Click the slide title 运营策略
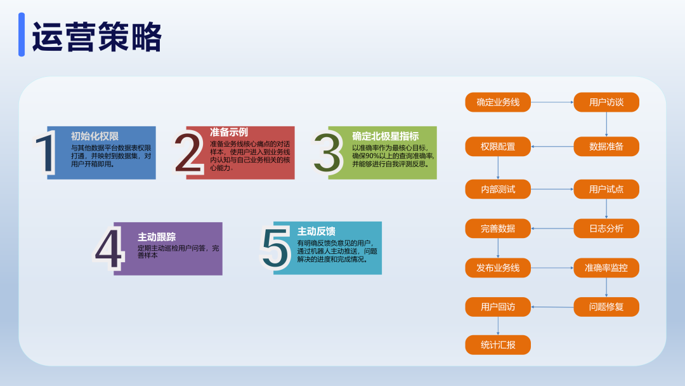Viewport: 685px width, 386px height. click(97, 37)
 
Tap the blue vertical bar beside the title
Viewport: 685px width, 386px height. click(22, 34)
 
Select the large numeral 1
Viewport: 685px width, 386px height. click(46, 153)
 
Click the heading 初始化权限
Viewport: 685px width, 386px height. click(95, 136)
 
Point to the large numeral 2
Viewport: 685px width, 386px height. click(188, 152)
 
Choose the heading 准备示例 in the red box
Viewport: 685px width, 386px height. click(229, 132)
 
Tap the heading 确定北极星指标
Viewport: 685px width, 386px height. click(386, 136)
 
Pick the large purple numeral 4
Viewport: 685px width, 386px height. click(109, 248)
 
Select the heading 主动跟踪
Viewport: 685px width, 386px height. click(157, 237)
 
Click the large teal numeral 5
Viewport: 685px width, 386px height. click(275, 246)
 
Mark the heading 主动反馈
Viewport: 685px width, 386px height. click(316, 231)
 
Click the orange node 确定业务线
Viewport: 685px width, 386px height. click(498, 102)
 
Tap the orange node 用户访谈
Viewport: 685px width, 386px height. click(606, 102)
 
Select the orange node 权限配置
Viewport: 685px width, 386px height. click(498, 147)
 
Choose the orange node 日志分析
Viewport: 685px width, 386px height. click(606, 228)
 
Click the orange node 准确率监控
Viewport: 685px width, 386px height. click(606, 267)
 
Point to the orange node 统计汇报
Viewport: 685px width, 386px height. click(498, 345)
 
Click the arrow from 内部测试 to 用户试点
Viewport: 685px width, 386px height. click(552, 189)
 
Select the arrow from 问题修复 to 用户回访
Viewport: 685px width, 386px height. click(552, 307)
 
